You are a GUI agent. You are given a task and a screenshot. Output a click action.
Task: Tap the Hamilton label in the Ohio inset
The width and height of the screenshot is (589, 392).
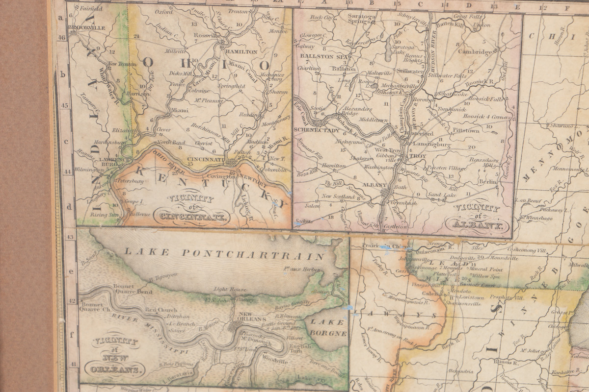tap(241, 51)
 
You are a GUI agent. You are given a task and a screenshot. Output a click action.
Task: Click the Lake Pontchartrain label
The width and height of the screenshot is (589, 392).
tap(224, 254)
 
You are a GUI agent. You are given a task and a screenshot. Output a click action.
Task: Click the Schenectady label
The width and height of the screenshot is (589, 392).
tap(317, 130)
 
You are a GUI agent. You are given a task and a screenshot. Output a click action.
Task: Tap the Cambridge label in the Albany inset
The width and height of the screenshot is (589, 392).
tap(476, 51)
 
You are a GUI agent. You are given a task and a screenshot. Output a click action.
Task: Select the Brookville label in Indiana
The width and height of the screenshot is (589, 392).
tap(87, 28)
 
